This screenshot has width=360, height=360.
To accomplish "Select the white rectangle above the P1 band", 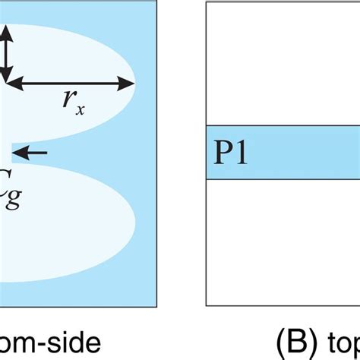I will click(x=283, y=65).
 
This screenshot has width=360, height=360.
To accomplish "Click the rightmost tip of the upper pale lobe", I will click(x=135, y=81).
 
